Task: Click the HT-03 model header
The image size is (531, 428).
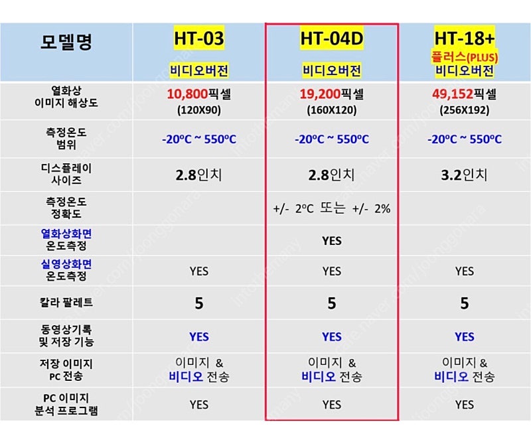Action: (198, 38)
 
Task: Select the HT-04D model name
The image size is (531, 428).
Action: (331, 38)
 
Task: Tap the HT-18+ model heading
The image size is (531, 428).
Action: (464, 38)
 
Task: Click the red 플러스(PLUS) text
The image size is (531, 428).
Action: (464, 57)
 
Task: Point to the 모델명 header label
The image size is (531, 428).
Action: (66, 42)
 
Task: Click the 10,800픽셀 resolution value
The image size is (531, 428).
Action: (198, 94)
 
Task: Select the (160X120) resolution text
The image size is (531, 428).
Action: (331, 110)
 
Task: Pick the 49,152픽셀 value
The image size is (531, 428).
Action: (464, 94)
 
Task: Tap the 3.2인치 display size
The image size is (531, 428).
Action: (464, 175)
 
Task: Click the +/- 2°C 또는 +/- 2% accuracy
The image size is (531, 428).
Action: (331, 208)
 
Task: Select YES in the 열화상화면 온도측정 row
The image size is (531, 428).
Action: (331, 241)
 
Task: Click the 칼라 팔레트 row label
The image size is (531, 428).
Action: (66, 303)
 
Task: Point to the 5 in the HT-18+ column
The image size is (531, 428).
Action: (464, 303)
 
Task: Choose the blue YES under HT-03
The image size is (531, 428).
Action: (198, 337)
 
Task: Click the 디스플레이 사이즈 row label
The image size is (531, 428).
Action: (66, 174)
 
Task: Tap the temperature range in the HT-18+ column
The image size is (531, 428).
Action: (464, 139)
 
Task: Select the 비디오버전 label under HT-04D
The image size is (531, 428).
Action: (331, 71)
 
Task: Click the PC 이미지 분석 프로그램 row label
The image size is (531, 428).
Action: (66, 404)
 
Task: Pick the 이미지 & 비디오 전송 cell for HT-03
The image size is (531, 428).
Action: (198, 370)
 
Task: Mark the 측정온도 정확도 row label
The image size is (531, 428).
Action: (66, 208)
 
